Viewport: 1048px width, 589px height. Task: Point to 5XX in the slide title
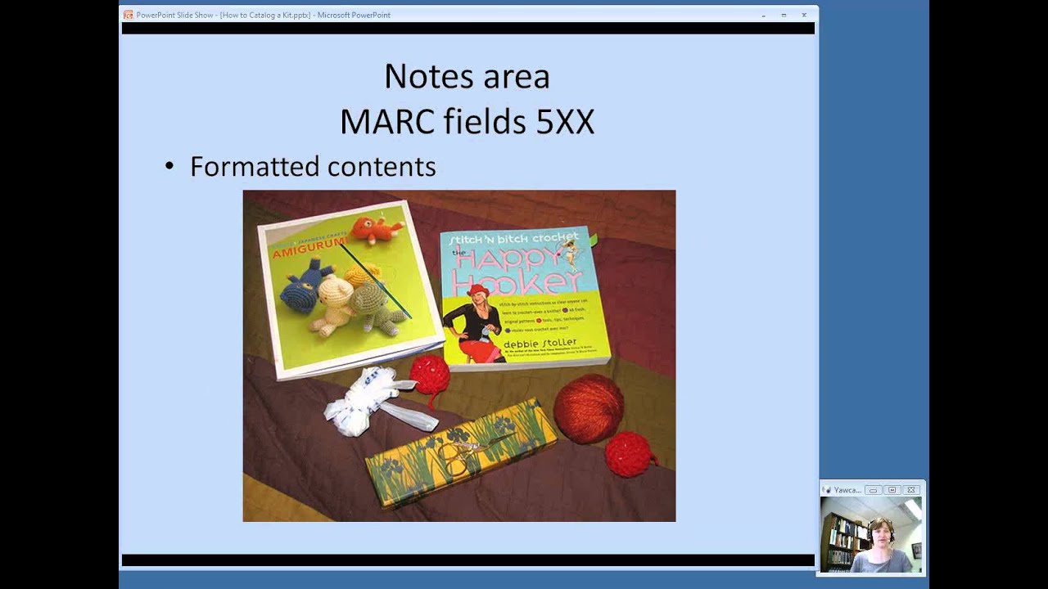(x=565, y=123)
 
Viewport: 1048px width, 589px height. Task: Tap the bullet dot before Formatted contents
(x=169, y=167)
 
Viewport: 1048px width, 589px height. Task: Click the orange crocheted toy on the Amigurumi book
(x=374, y=230)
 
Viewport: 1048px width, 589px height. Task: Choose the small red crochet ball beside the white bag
(x=430, y=375)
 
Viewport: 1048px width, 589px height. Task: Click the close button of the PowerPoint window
(x=804, y=15)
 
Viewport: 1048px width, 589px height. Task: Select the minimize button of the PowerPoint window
(x=763, y=15)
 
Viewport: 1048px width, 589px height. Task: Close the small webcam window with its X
(x=911, y=490)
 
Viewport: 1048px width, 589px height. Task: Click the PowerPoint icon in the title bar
(x=128, y=15)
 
